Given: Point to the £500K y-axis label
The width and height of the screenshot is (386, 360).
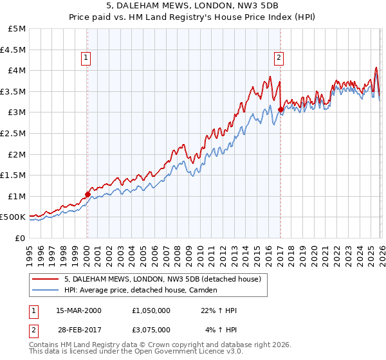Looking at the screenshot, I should (13, 217).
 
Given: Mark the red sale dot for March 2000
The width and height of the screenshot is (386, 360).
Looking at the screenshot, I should (88, 194).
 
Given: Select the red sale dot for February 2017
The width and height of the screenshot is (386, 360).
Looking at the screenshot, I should (281, 109).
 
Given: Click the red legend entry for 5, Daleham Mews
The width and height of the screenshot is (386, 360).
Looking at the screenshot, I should (162, 279).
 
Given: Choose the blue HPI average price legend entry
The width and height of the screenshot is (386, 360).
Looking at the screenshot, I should (141, 291).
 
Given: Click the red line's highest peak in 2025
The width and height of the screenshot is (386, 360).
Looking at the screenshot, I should (376, 67).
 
